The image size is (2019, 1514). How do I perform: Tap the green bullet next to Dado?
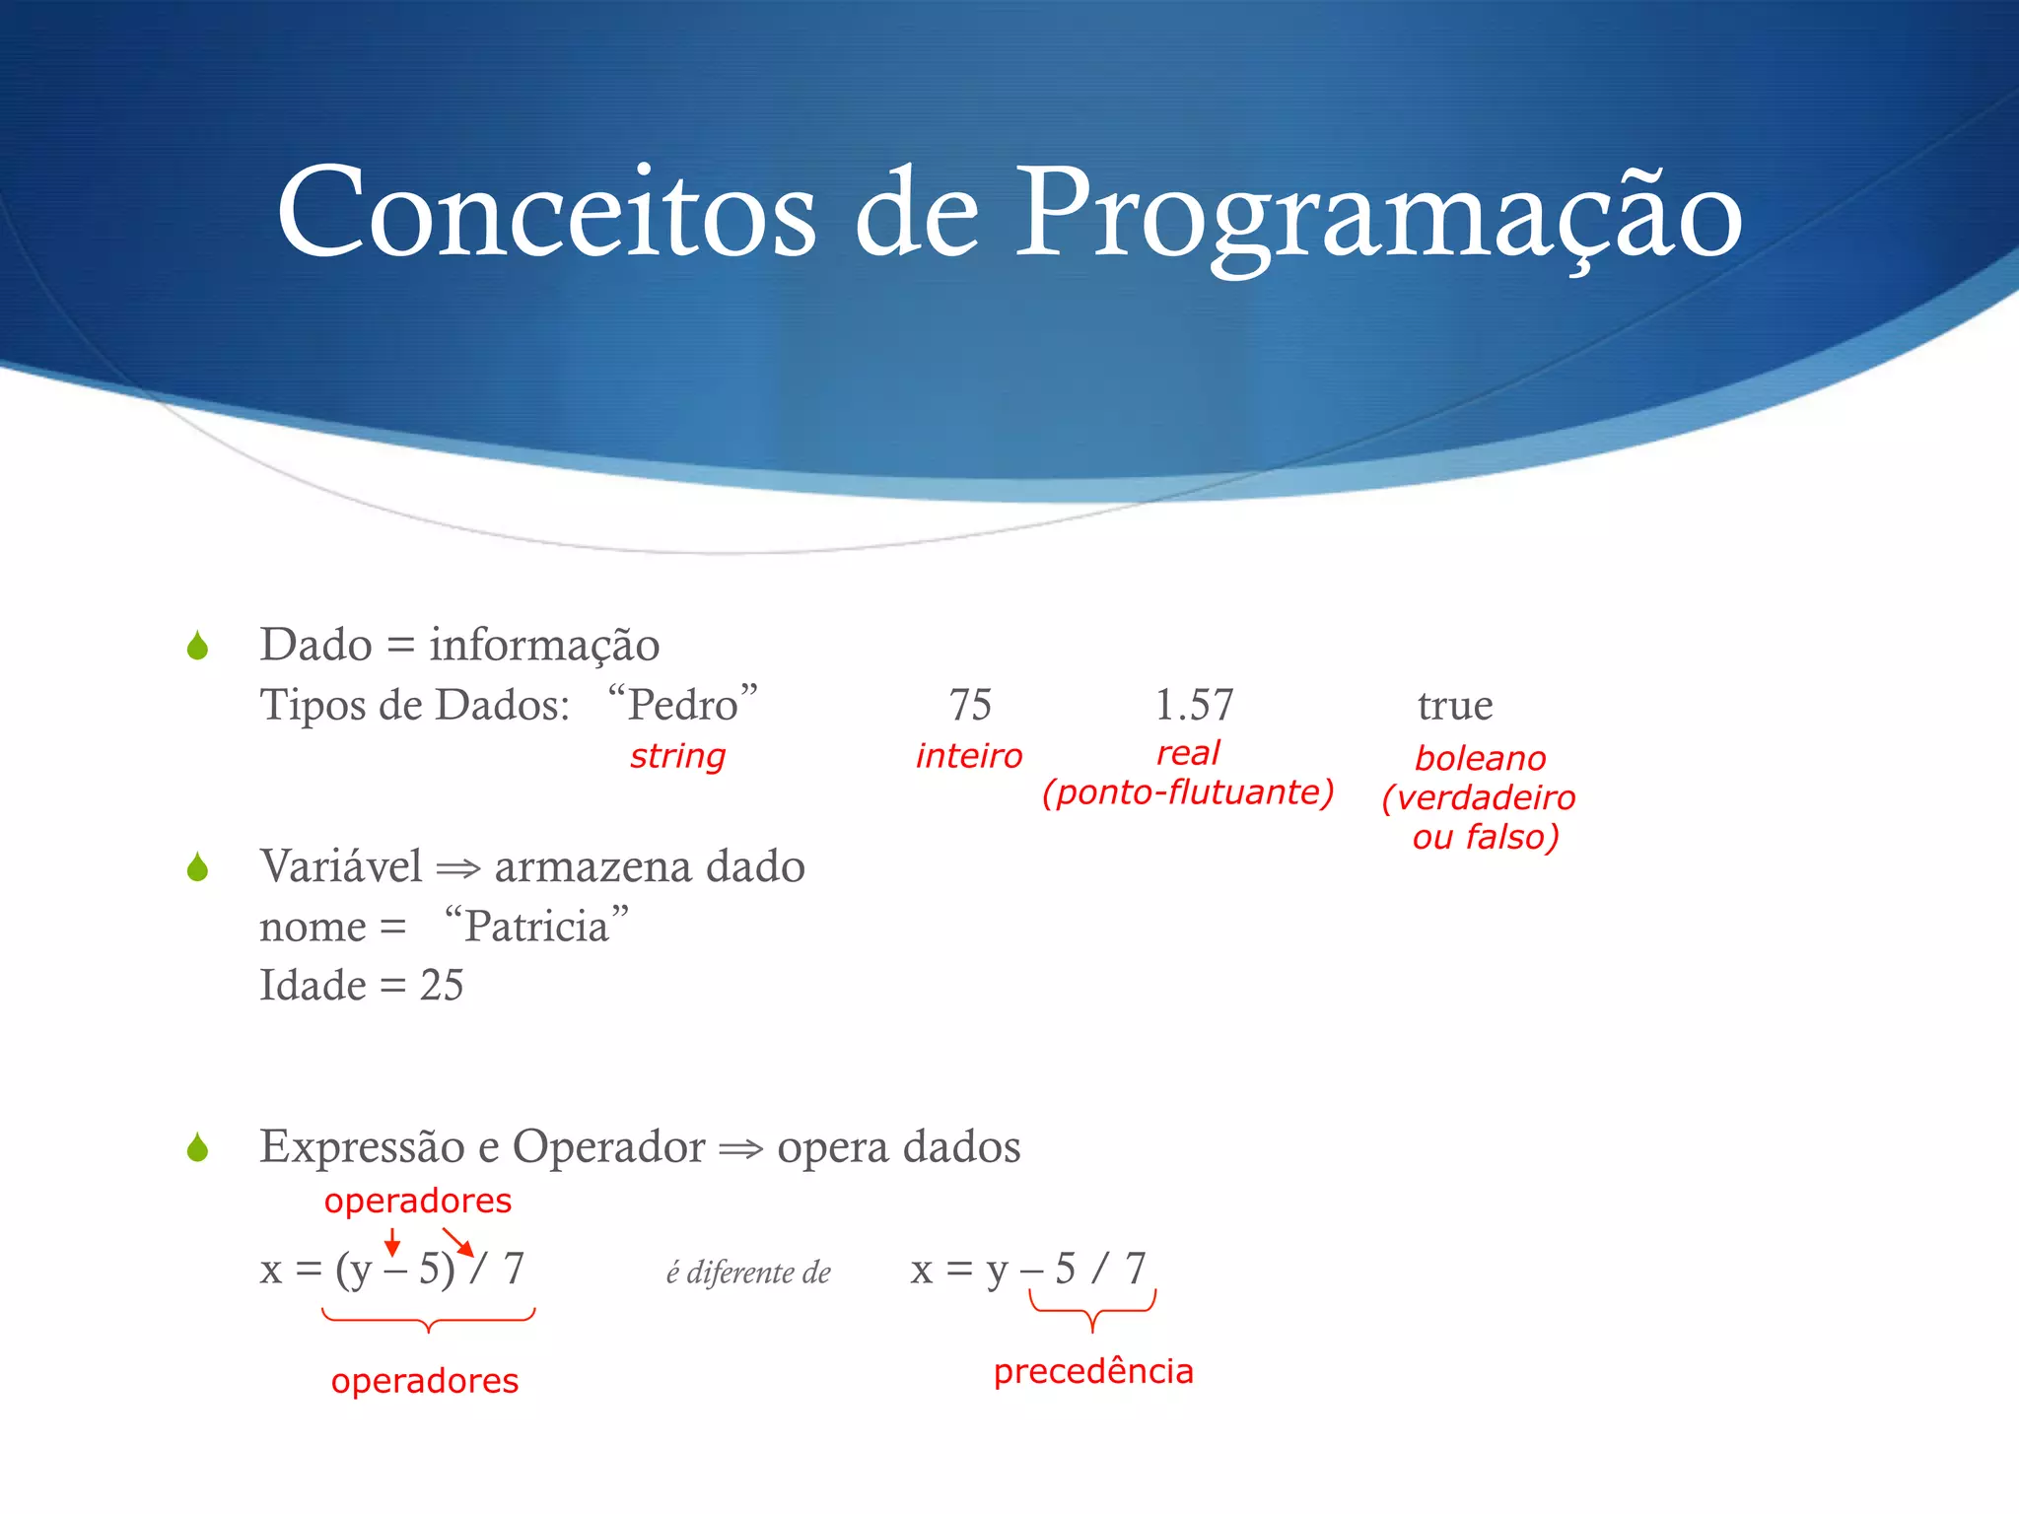197,647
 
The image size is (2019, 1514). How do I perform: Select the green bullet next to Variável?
197,867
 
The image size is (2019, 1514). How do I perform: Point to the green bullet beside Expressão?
197,1147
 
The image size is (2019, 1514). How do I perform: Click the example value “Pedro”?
683,705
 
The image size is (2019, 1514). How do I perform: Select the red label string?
677,756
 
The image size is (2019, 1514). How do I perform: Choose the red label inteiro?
968,756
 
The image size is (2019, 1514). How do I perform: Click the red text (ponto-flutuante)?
1188,792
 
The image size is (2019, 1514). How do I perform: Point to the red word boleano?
1480,758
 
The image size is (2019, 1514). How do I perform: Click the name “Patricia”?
536,926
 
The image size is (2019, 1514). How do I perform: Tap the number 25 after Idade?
441,985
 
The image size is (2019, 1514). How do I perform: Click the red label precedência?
1092,1371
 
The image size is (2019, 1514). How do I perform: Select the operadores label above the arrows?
418,1201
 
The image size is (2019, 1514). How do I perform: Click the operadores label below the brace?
425,1380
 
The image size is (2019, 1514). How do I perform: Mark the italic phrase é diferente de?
748,1273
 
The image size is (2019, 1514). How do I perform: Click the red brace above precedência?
1092,1311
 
